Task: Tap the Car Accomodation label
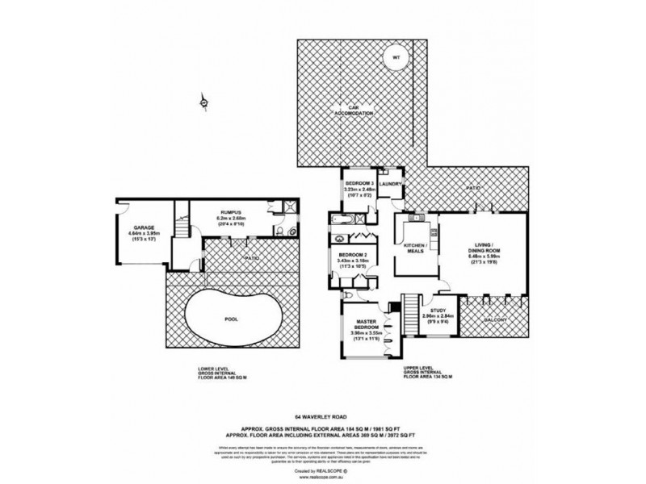(354, 111)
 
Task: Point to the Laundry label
(390, 184)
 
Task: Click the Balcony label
(494, 320)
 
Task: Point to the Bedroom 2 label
(354, 258)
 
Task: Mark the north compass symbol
(204, 102)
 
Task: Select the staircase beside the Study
(410, 310)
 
